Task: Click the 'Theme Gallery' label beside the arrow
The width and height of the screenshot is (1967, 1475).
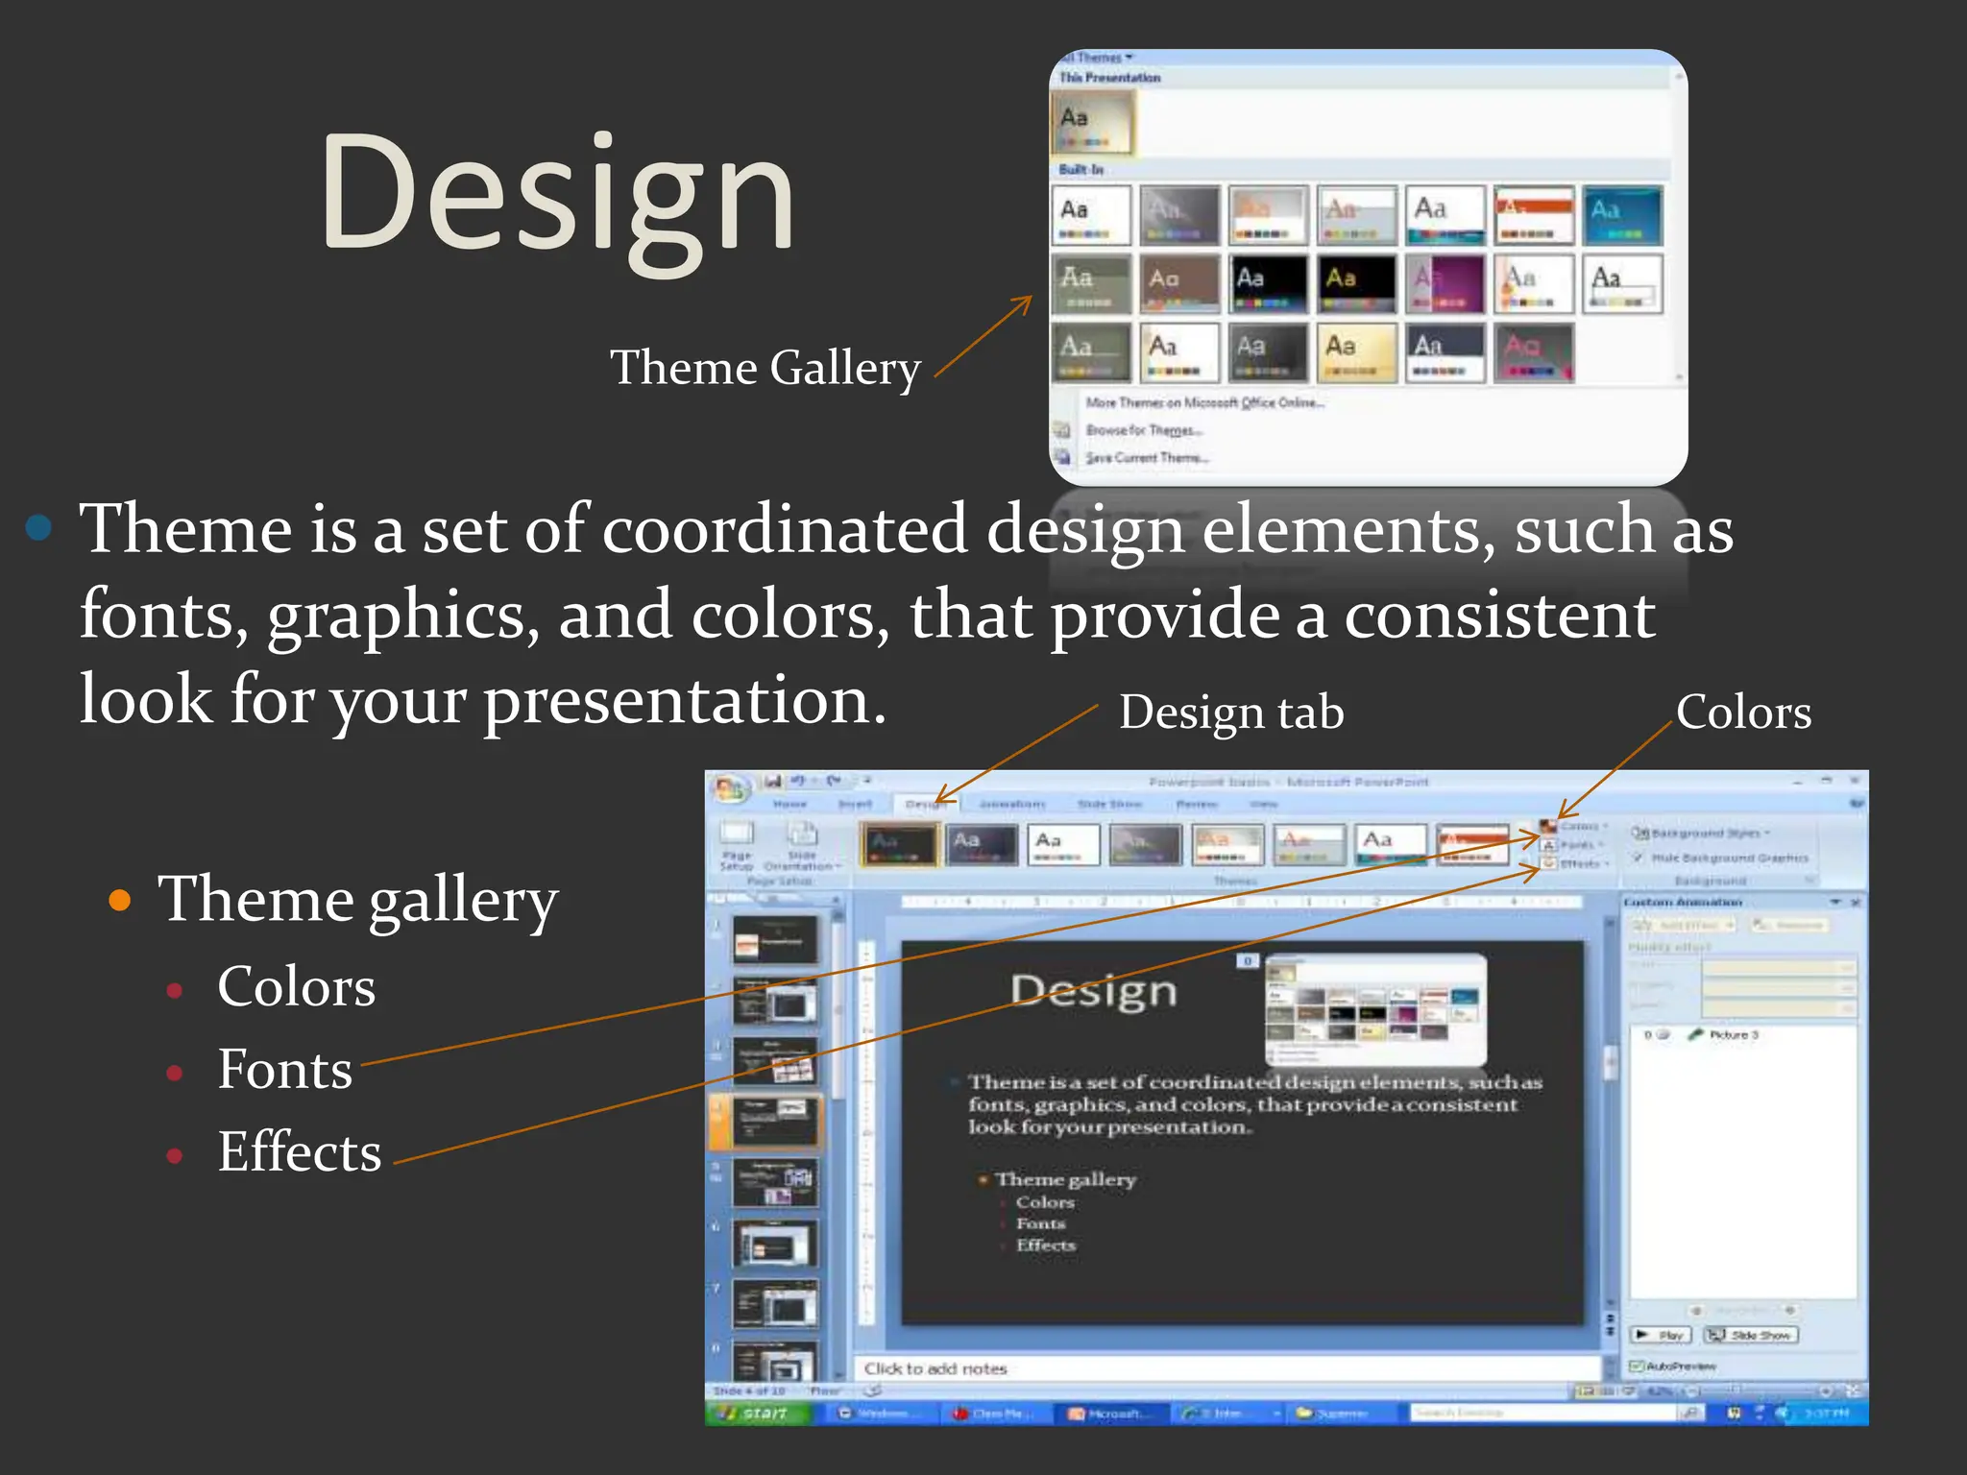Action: (x=765, y=368)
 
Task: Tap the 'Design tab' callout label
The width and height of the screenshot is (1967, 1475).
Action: (x=1230, y=713)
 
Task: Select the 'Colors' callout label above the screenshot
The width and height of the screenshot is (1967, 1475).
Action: (x=1743, y=713)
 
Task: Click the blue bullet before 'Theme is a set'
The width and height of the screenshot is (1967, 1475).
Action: (x=39, y=528)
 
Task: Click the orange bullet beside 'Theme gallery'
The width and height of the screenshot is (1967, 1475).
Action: (x=120, y=901)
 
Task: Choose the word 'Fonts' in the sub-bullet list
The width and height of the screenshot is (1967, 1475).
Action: (x=284, y=1069)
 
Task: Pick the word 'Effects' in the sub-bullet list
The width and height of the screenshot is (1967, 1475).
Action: (x=299, y=1151)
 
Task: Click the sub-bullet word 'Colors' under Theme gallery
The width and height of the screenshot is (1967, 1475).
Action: (x=296, y=986)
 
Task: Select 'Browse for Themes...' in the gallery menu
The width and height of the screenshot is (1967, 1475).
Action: (x=1143, y=430)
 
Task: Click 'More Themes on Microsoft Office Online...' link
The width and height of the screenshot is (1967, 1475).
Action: (x=1204, y=403)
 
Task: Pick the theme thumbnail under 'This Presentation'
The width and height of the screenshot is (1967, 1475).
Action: (x=1093, y=123)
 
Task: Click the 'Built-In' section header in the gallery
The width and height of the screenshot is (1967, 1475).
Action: (x=1081, y=170)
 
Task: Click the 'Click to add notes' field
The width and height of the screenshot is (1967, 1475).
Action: (x=935, y=1368)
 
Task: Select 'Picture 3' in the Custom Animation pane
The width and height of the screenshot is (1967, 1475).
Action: (x=1733, y=1034)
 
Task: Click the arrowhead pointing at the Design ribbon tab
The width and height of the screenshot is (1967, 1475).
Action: (x=939, y=799)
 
